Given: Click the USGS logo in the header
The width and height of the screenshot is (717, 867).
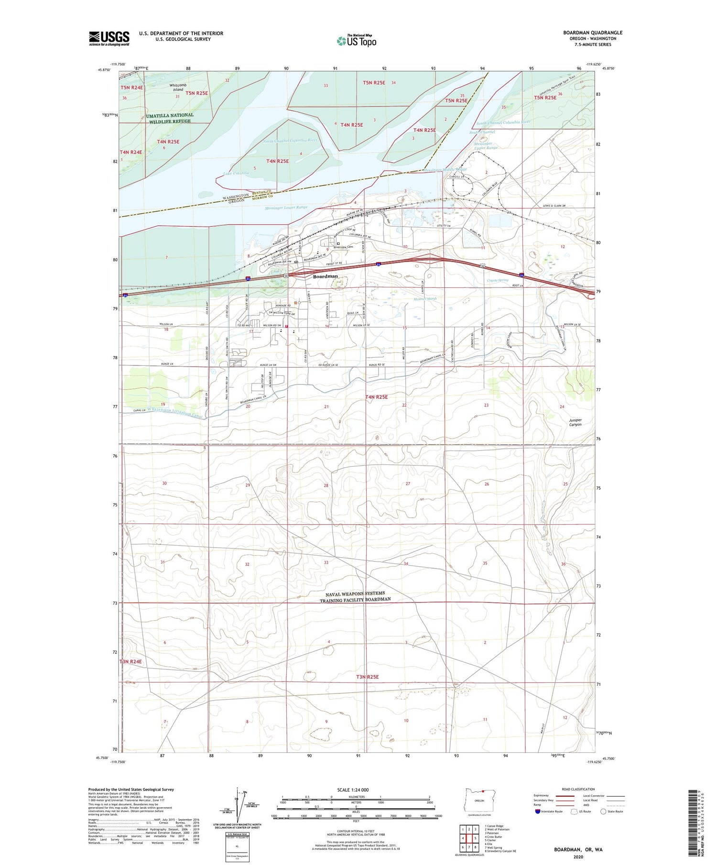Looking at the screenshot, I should pyautogui.click(x=109, y=38).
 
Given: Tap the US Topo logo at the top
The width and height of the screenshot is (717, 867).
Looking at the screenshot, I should pyautogui.click(x=357, y=41).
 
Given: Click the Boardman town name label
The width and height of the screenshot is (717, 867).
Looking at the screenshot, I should pyautogui.click(x=325, y=276).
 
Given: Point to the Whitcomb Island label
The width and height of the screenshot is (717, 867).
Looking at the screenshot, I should pyautogui.click(x=176, y=87).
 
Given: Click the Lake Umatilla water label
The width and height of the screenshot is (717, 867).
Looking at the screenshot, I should pyautogui.click(x=236, y=173).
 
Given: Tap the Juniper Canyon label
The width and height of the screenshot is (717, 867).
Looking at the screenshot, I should pyautogui.click(x=575, y=422).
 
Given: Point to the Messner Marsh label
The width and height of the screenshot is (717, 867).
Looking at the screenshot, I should pyautogui.click(x=425, y=299).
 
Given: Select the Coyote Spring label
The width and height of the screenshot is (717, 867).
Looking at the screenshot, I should pyautogui.click(x=498, y=280).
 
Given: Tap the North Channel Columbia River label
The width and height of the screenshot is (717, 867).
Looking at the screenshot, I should pyautogui.click(x=290, y=141).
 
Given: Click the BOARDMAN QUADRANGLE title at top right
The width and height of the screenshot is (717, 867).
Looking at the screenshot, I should pyautogui.click(x=592, y=33).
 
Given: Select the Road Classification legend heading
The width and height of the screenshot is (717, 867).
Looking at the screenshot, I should pyautogui.click(x=578, y=789).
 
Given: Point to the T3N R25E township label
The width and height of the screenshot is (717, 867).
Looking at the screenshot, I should pyautogui.click(x=367, y=677).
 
